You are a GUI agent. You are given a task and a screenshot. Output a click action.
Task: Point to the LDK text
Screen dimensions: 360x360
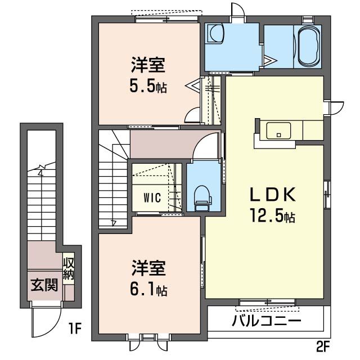(272, 195)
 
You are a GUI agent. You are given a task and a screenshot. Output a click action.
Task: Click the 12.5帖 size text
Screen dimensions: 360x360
(273, 215)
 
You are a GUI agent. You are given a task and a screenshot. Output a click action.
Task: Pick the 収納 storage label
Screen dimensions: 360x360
(69, 269)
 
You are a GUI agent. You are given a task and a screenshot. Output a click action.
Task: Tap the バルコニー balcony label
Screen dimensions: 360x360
(266, 322)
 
